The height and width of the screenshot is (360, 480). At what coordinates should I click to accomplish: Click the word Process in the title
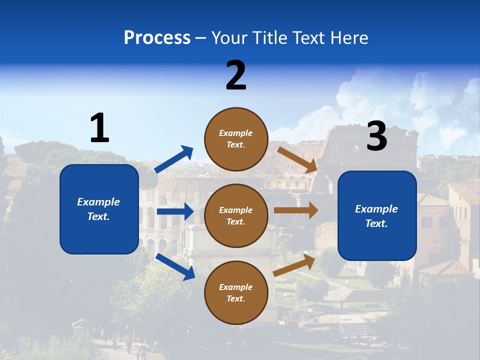pos(157,38)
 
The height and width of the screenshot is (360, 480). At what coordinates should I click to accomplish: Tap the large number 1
pos(99,128)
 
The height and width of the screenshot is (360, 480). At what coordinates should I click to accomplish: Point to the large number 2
pos(236,75)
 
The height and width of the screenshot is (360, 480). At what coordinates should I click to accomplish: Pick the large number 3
pos(377,136)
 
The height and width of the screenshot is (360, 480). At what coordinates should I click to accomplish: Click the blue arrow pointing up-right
pos(174,159)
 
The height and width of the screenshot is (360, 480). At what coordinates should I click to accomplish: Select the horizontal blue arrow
pos(175,211)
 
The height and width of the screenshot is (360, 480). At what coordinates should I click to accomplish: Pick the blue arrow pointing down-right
pos(175,266)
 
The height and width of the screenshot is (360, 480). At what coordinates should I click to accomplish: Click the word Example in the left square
pos(98,202)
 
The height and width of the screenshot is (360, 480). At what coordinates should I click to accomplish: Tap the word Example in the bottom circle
pos(236,287)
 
